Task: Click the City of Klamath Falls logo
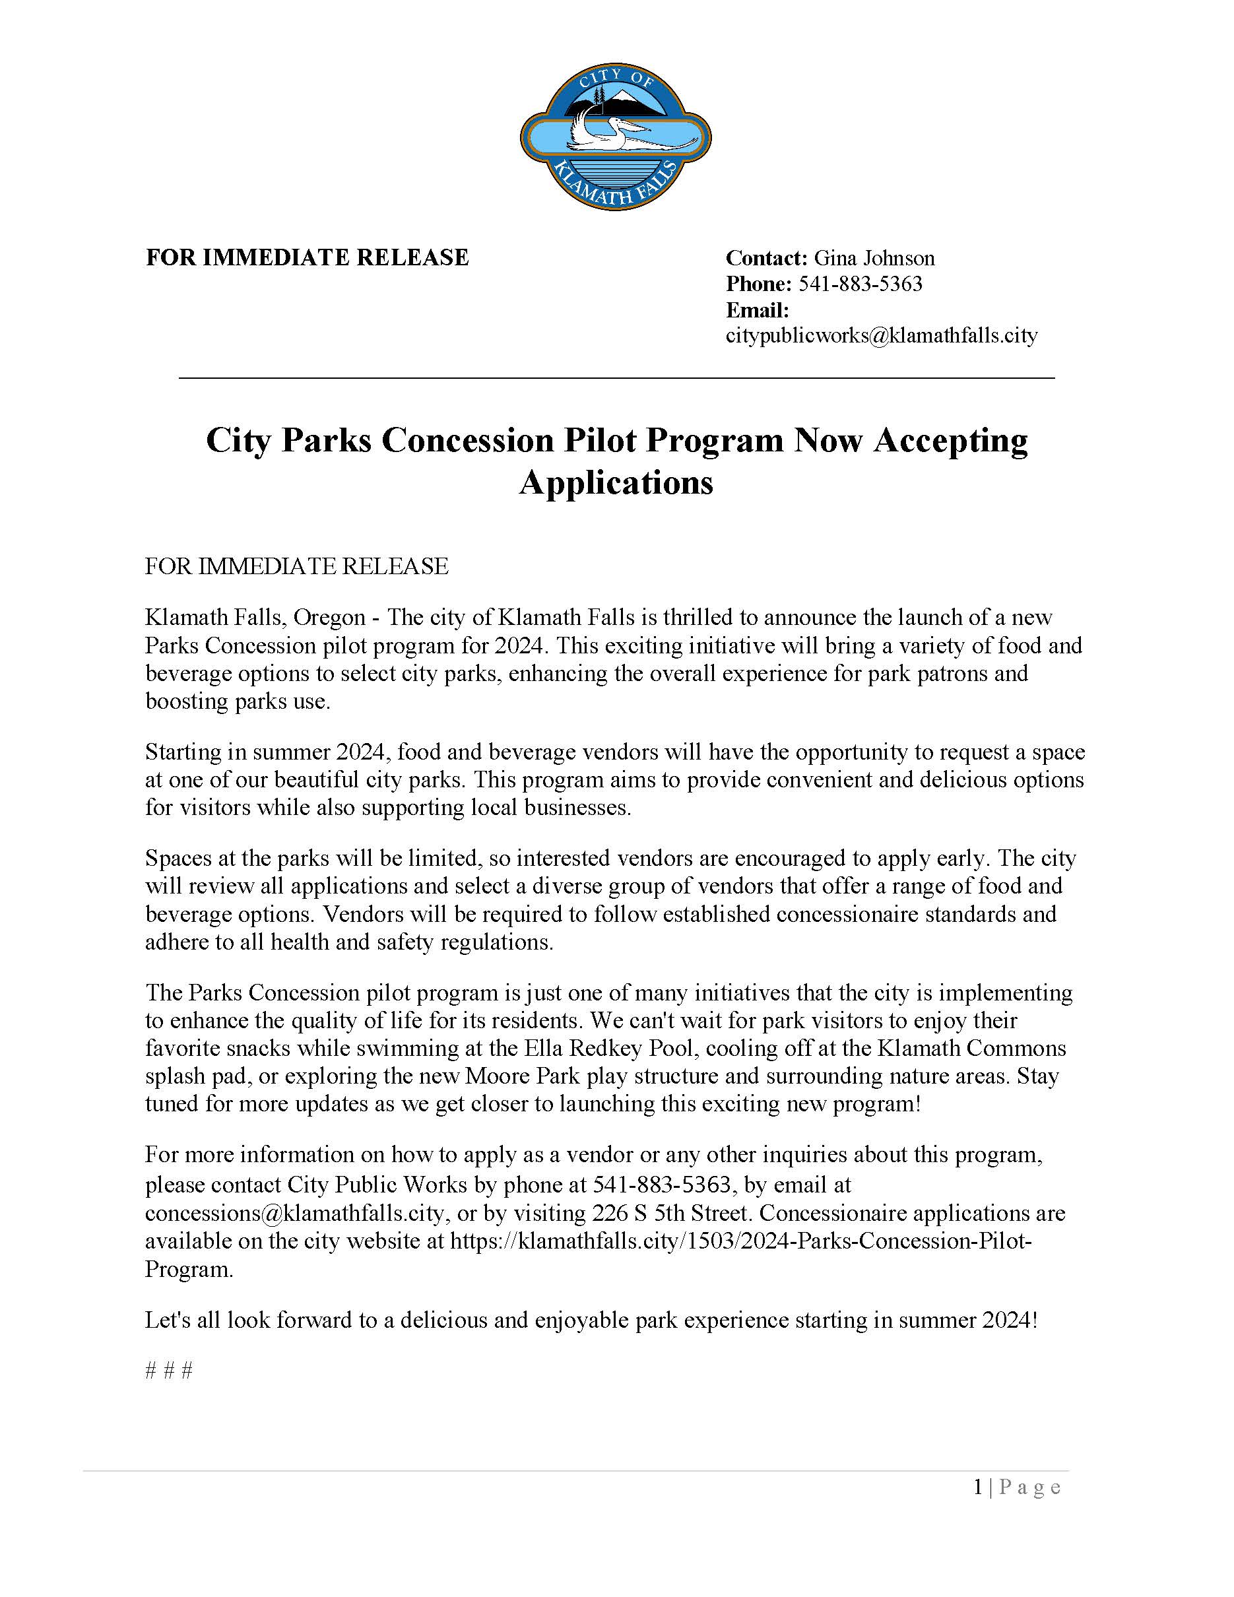pyautogui.click(x=616, y=137)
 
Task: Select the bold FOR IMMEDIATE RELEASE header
pyautogui.click(x=307, y=257)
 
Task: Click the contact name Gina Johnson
pyautogui.click(x=874, y=258)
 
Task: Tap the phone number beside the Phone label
pyautogui.click(x=860, y=284)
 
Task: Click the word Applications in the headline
pyautogui.click(x=616, y=482)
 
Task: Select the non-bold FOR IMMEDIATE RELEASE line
pyautogui.click(x=296, y=566)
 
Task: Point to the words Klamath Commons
pyautogui.click(x=971, y=1048)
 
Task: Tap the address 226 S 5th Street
pyautogui.click(x=670, y=1213)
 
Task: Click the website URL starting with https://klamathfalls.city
pyautogui.click(x=740, y=1241)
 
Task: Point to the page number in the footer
pyautogui.click(x=979, y=1487)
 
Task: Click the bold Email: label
pyautogui.click(x=758, y=310)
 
